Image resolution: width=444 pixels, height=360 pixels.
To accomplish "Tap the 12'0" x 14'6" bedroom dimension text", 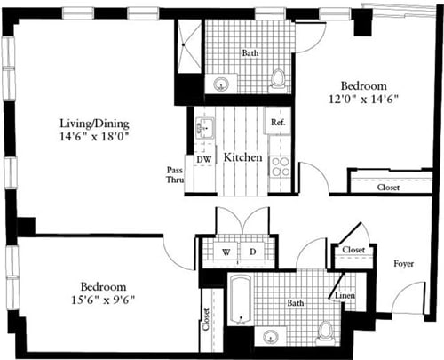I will pos(361,98).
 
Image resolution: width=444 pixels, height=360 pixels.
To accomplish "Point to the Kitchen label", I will pos(242,157).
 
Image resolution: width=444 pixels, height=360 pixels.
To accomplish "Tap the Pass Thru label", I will pos(176,174).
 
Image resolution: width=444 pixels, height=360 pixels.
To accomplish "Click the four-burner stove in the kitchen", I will pos(280,165).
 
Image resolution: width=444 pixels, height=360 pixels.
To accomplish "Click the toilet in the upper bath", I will pos(279,80).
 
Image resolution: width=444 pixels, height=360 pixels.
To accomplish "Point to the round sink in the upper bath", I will pos(221,84).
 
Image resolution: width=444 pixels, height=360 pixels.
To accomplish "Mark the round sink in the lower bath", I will pos(271,335).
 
